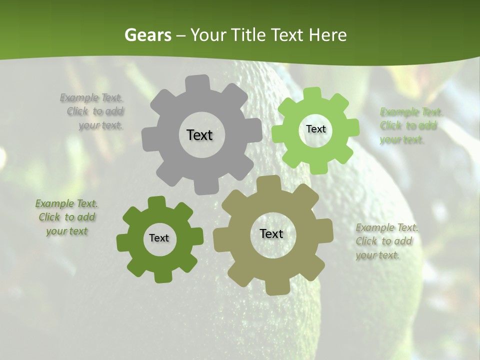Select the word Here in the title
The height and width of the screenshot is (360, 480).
tap(327, 35)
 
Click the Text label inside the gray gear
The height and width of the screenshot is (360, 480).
tap(199, 135)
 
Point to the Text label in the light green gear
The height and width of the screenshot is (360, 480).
tap(315, 129)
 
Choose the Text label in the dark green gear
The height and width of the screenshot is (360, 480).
tap(159, 238)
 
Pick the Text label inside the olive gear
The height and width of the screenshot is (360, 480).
tap(271, 233)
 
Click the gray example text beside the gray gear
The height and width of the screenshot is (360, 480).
tap(95, 111)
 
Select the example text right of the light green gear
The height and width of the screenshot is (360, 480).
tap(408, 125)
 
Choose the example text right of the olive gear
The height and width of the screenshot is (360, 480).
tap(385, 241)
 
